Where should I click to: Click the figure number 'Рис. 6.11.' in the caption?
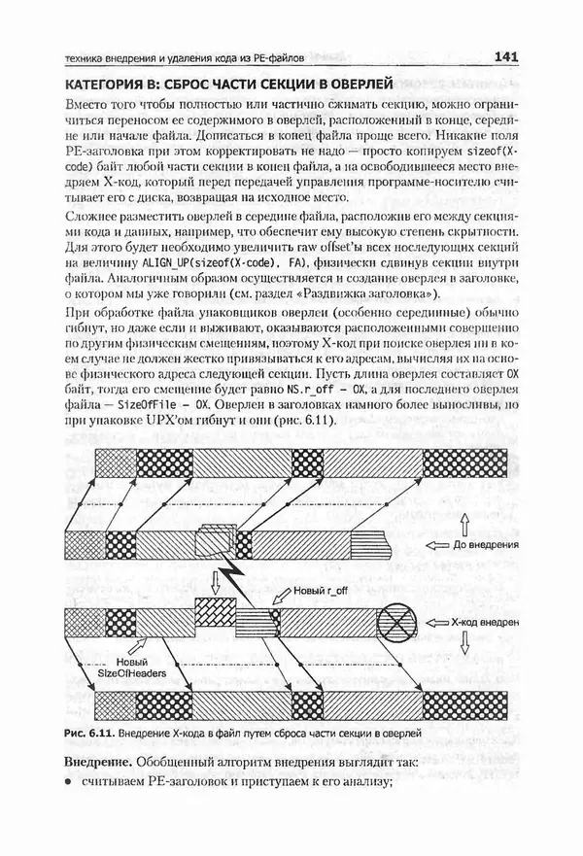coord(90,730)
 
